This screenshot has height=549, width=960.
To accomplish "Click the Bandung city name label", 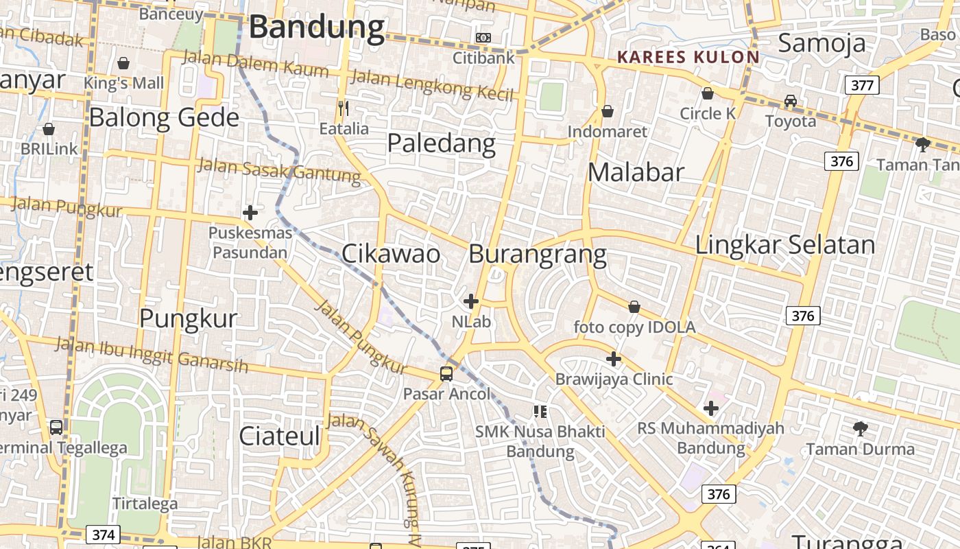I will coord(316,27).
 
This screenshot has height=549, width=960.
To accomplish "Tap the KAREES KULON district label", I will coord(688,57).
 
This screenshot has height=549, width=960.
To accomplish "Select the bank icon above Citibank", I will coord(483,37).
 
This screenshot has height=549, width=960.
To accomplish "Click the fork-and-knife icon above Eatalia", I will coord(344,108).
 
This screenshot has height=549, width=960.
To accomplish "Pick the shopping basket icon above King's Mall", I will coord(123,63).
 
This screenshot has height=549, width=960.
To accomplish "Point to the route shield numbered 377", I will coord(861,85).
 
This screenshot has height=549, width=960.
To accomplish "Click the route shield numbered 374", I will coord(103,535).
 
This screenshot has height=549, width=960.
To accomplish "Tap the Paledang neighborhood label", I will coord(441,143).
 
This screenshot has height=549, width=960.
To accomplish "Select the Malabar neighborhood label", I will coord(636,172).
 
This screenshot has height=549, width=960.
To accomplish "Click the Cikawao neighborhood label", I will coord(391,254).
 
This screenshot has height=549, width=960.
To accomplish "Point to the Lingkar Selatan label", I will coord(785,245).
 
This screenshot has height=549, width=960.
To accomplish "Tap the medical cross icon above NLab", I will coord(471,301).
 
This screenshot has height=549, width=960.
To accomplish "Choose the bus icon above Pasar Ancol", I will coord(446,374).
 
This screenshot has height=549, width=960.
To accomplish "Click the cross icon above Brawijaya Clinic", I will coord(614,358).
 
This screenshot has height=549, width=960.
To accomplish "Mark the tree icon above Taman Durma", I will coord(860,430).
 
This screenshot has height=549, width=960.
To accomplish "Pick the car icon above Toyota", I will coord(791,101).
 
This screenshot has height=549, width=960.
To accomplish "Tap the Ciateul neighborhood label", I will coord(280,436).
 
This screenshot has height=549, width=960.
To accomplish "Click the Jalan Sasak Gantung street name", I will coord(278,171).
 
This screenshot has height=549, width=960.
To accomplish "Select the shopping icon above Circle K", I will coord(707,93).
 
